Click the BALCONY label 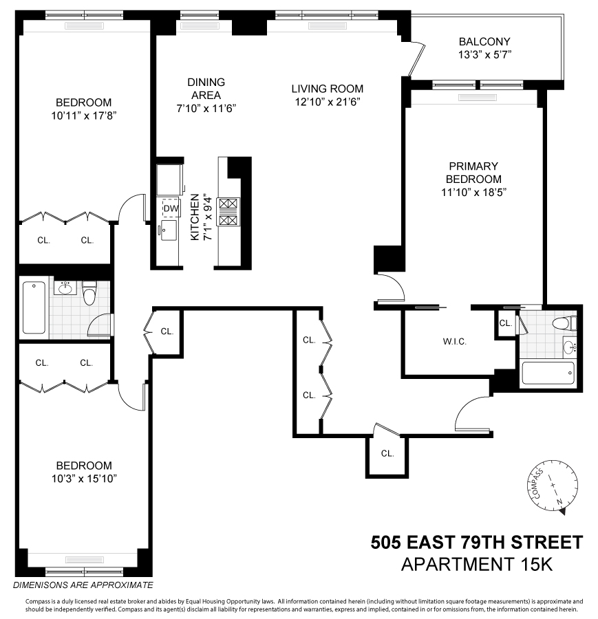pyautogui.click(x=485, y=41)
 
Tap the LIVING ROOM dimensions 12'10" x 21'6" pyautogui.click(x=327, y=101)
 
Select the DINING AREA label pyautogui.click(x=206, y=88)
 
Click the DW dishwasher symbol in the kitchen pyautogui.click(x=170, y=208)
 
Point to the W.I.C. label pyautogui.click(x=455, y=341)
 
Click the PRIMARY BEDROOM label pyautogui.click(x=473, y=172)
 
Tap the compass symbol pyautogui.click(x=554, y=487)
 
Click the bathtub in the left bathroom pyautogui.click(x=34, y=307)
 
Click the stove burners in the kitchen pyautogui.click(x=227, y=211)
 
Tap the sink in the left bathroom pyautogui.click(x=66, y=287)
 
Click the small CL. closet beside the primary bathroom pyautogui.click(x=506, y=323)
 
